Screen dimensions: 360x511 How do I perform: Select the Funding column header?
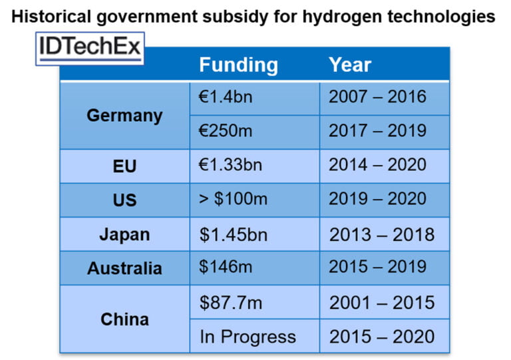click(x=238, y=65)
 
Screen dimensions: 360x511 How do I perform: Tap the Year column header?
click(x=350, y=65)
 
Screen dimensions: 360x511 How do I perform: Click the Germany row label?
click(x=124, y=115)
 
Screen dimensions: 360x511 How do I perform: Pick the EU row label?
click(x=124, y=166)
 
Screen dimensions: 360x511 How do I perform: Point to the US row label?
click(x=124, y=200)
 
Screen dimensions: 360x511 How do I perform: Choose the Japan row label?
click(x=124, y=234)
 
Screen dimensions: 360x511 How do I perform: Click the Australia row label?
click(x=124, y=268)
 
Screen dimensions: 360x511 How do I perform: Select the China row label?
click(x=124, y=319)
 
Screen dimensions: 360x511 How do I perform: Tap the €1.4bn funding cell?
click(x=226, y=97)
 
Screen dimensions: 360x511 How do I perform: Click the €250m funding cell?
click(x=226, y=131)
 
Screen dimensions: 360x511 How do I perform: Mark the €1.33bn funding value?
click(x=230, y=165)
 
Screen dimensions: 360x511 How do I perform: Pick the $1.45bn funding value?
click(x=231, y=234)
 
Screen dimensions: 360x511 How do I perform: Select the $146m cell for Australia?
click(x=226, y=268)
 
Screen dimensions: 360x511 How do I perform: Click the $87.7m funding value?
click(x=231, y=303)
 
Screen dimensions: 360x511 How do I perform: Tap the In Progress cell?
click(x=248, y=337)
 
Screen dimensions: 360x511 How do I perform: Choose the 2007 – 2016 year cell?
click(x=377, y=97)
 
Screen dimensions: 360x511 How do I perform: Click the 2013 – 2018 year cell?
click(x=381, y=234)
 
